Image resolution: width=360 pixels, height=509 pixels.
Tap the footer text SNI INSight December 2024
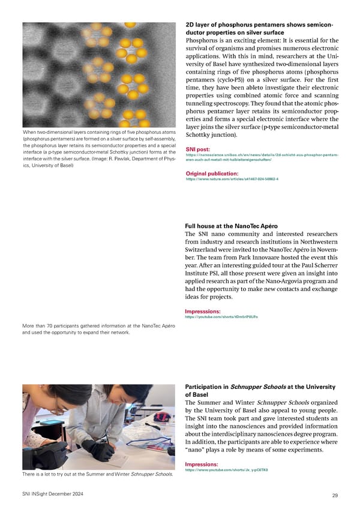click(x=52, y=493)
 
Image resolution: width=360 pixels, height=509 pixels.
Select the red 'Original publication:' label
click(x=215, y=173)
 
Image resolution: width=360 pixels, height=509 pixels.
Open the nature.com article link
click(x=232, y=179)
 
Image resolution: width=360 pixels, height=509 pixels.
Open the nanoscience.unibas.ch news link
click(x=262, y=157)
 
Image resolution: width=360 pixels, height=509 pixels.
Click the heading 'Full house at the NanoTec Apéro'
click(x=235, y=226)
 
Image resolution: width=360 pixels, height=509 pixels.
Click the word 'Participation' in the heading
click(x=204, y=387)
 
